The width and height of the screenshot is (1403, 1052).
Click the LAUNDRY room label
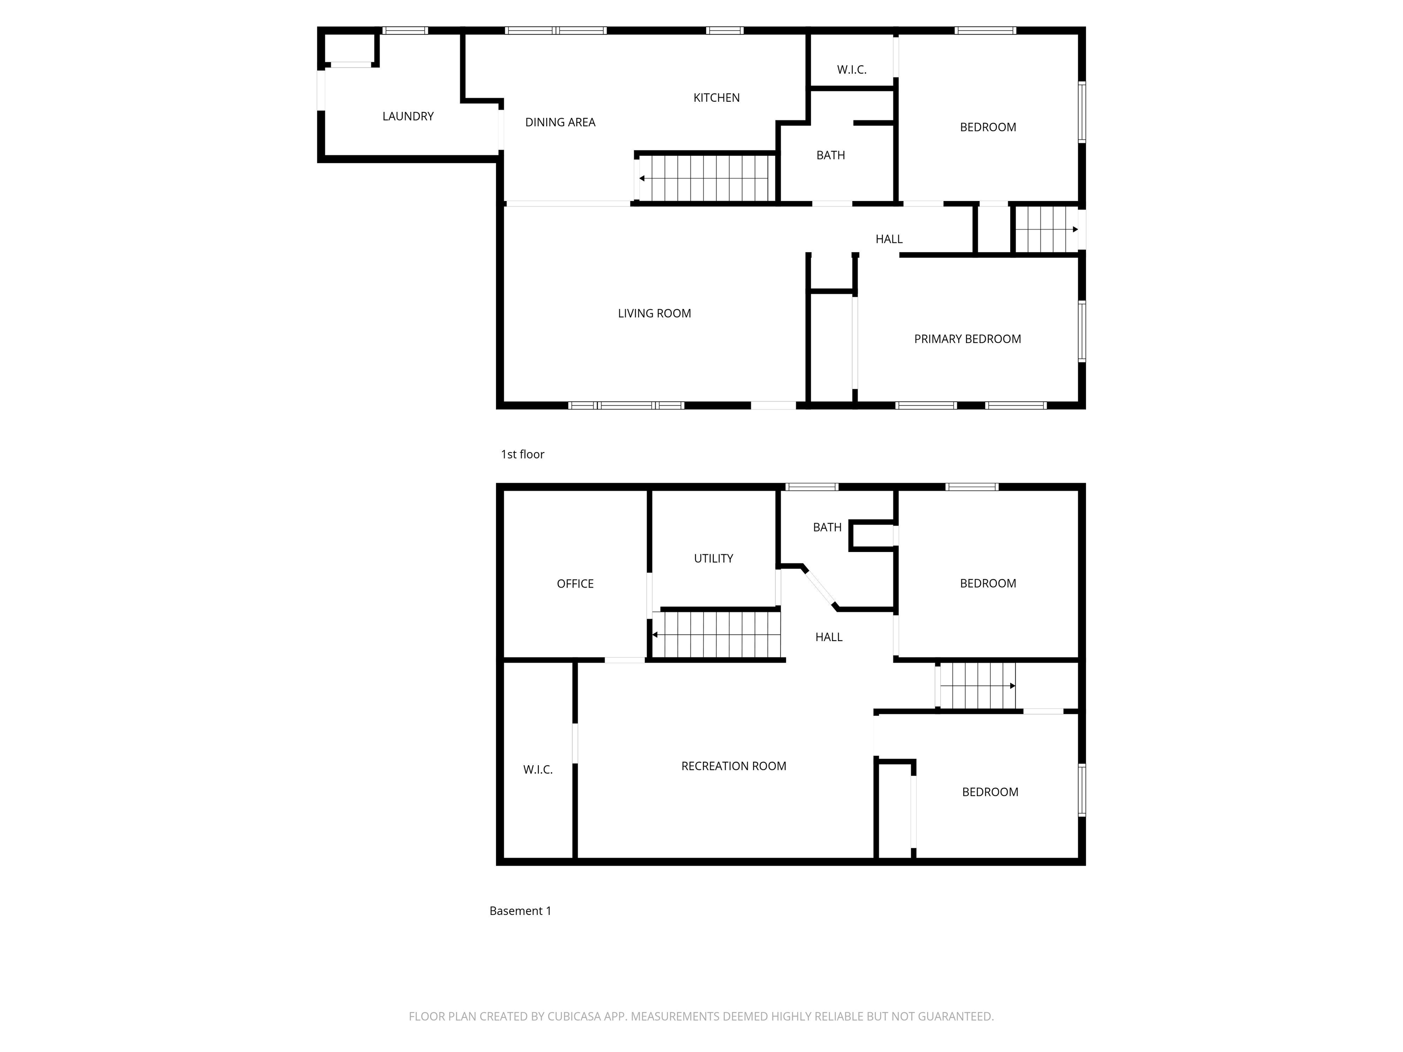point(408,116)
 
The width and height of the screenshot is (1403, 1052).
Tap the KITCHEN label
point(716,98)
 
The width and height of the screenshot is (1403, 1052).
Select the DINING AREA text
point(560,122)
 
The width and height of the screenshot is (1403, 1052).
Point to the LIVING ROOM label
point(654,313)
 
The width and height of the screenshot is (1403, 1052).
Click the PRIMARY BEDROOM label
point(967,339)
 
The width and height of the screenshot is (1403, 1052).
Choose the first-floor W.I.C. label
point(851,70)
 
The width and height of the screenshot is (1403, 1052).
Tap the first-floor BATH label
point(830,155)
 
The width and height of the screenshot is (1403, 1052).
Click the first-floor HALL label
point(889,239)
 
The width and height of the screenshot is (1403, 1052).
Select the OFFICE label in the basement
point(575,584)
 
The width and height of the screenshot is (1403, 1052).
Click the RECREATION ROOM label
point(733,766)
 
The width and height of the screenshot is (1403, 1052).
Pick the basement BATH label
point(827,527)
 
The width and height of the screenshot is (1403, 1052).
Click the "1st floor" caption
point(522,454)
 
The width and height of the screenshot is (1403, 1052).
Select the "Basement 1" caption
point(520,910)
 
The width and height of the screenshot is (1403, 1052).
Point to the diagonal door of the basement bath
point(821,588)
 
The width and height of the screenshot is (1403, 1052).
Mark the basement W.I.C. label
point(537,770)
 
